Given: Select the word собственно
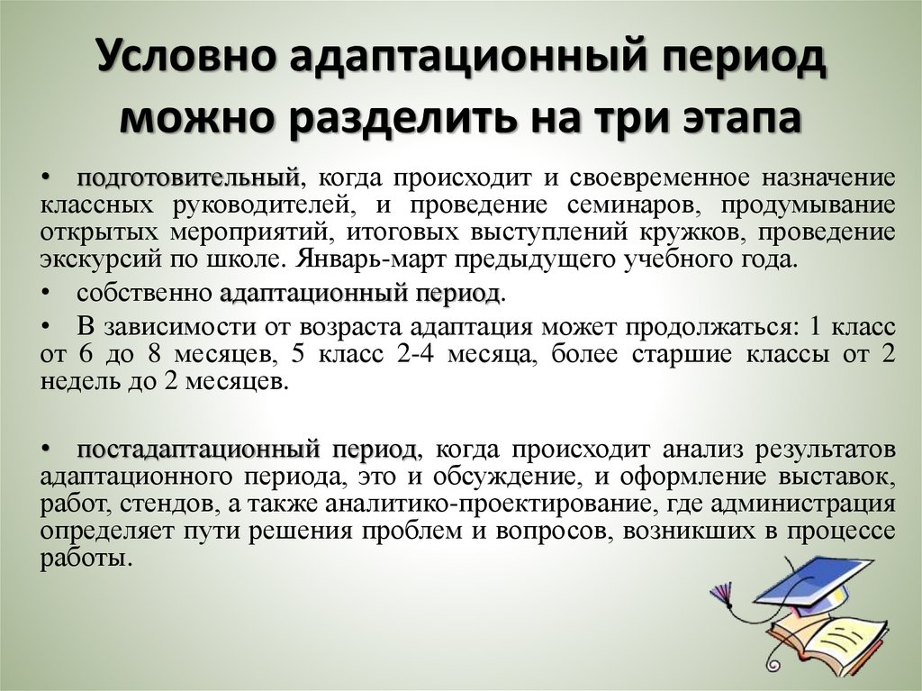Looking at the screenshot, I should [x=144, y=294].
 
